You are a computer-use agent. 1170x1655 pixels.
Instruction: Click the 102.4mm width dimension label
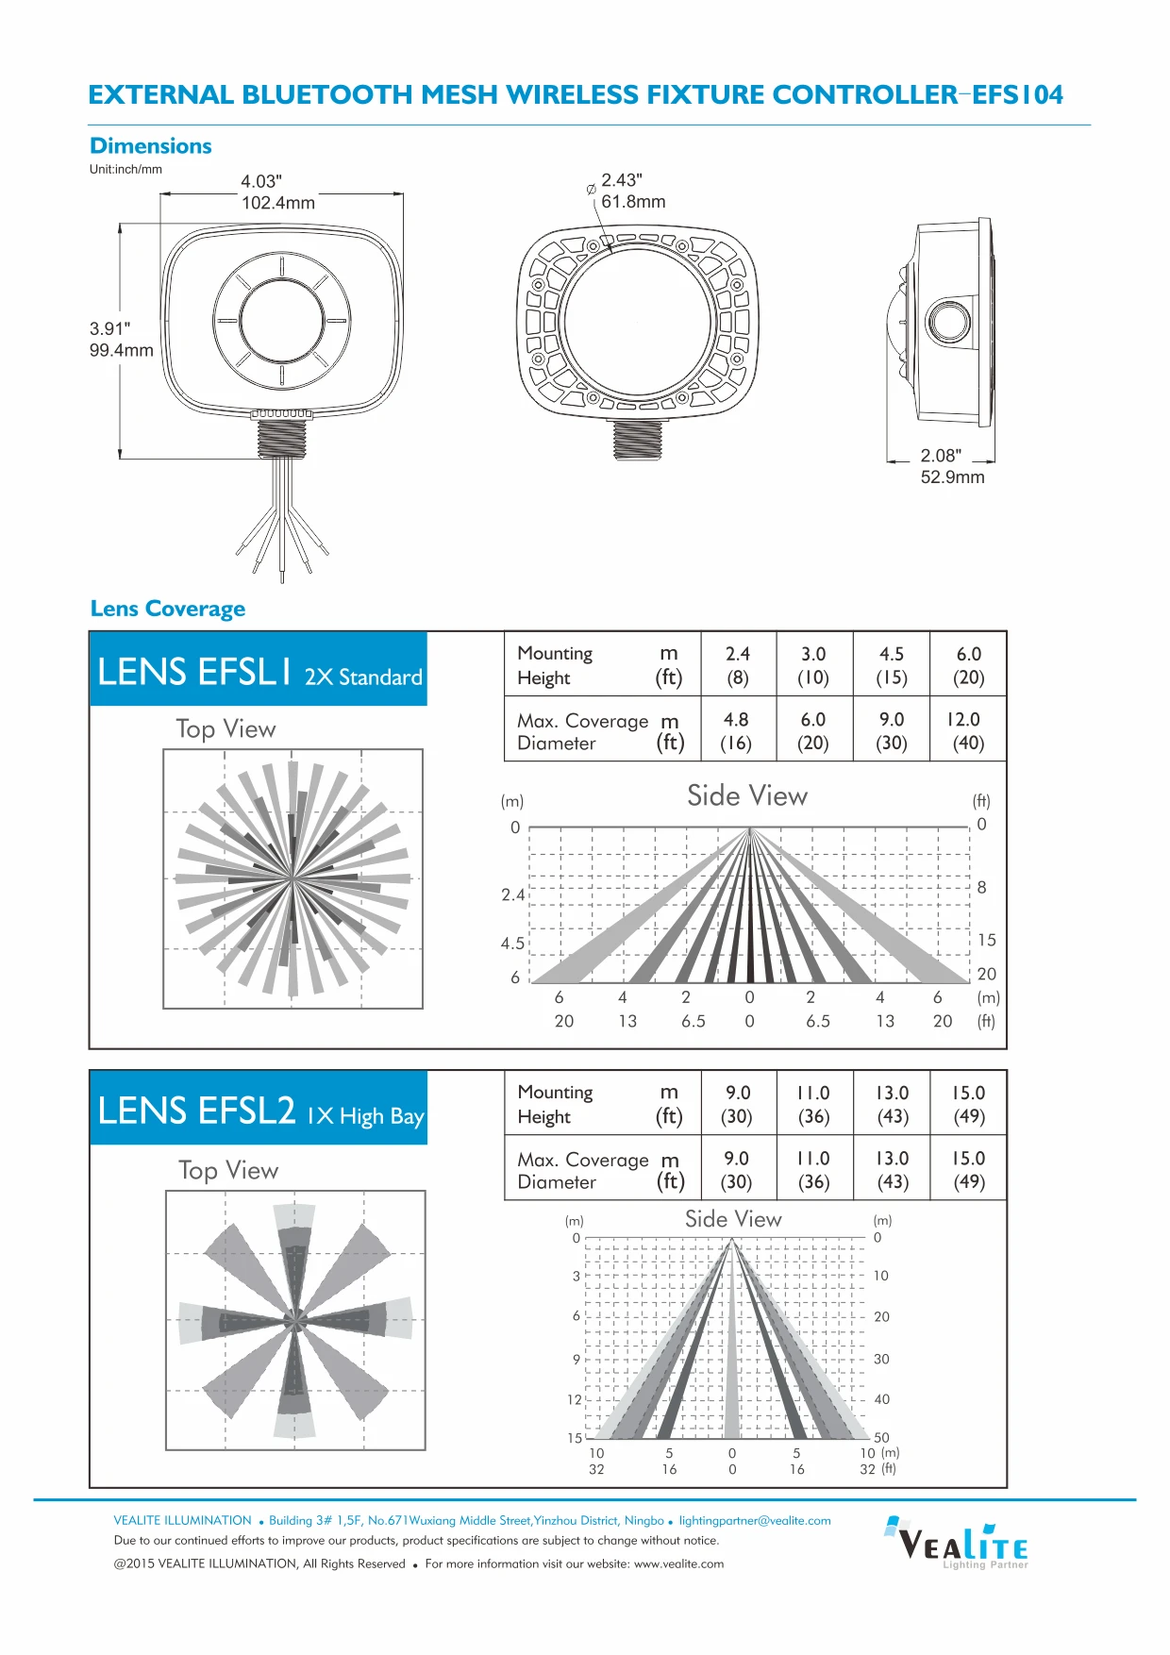(278, 203)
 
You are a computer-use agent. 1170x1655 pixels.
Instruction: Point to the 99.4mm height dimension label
(122, 350)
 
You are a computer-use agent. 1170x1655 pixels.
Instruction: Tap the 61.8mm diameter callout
(633, 202)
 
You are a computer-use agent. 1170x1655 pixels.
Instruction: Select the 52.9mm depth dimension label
(953, 477)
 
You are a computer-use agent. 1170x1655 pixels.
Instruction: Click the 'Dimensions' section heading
(151, 146)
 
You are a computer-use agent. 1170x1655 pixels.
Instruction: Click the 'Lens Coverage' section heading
(168, 609)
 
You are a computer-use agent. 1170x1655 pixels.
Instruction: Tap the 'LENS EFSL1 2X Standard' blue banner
(259, 669)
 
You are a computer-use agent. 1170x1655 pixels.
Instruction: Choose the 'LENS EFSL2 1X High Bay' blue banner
(259, 1108)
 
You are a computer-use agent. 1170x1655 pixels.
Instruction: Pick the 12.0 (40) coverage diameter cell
(968, 730)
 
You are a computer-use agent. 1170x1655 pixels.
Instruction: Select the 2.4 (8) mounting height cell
(738, 665)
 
